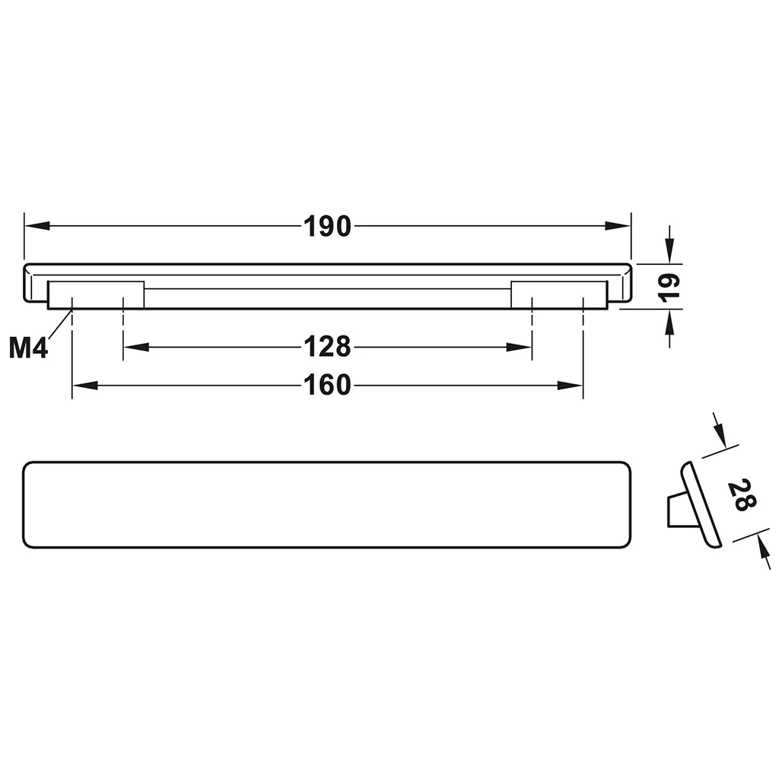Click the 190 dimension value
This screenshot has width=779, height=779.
(328, 227)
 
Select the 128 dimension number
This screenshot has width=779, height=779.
(328, 347)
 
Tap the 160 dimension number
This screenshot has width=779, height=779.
(328, 386)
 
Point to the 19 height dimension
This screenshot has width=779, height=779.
(669, 286)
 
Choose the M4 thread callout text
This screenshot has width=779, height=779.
(29, 348)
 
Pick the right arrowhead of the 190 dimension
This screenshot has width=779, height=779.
(619, 227)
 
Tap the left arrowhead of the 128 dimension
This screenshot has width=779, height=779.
(135, 347)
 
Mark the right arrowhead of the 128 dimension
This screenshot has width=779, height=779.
(520, 347)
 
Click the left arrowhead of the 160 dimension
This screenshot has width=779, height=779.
(84, 386)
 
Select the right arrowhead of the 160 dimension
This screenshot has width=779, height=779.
(571, 386)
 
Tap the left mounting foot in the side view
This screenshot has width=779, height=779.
(97, 294)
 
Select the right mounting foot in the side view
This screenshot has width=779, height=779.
(559, 294)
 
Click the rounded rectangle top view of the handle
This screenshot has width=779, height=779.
(328, 504)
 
